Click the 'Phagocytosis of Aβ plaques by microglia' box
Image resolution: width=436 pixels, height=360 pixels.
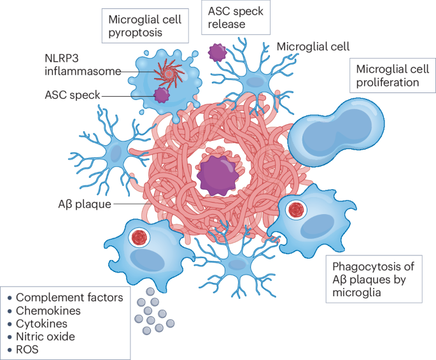point(374,279)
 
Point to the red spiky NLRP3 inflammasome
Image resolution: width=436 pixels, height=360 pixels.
point(169,73)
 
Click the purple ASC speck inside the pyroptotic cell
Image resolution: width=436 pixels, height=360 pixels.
point(162,96)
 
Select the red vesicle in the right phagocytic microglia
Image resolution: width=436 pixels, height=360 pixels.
point(295,209)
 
